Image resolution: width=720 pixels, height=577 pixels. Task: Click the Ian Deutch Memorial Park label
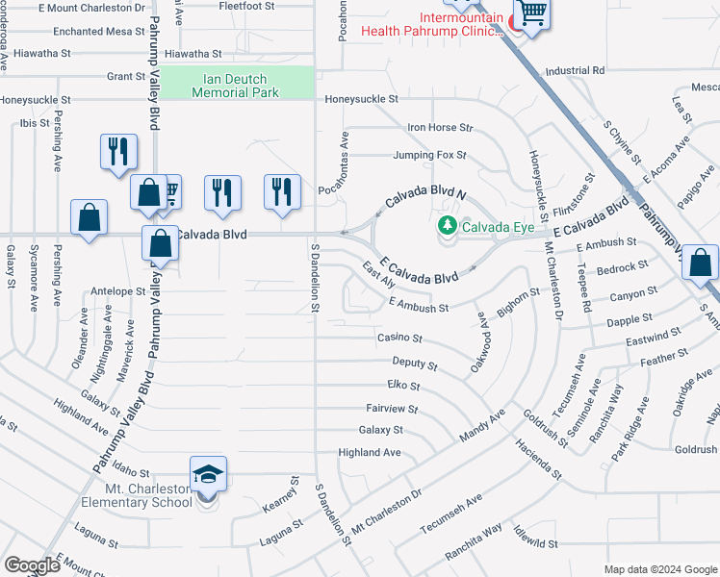click(235, 86)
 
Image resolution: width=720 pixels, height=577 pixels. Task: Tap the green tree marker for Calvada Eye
click(447, 227)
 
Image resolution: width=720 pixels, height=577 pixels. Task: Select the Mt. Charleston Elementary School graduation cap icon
click(208, 474)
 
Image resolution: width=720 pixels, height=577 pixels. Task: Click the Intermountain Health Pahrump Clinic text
click(432, 24)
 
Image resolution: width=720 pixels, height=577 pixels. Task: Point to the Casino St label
click(399, 339)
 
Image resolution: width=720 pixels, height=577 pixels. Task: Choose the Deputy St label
click(415, 364)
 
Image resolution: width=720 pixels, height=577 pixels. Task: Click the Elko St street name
click(403, 386)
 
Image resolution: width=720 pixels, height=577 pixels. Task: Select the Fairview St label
click(391, 409)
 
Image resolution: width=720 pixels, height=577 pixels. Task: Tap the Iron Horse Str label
click(440, 127)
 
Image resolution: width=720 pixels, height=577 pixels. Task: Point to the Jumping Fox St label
click(429, 155)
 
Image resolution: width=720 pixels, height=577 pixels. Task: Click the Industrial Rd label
click(574, 71)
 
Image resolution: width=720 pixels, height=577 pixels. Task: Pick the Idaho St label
click(131, 473)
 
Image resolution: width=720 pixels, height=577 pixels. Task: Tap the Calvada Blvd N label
click(425, 199)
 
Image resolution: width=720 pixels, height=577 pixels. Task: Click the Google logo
click(32, 565)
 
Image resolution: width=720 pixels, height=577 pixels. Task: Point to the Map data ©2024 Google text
click(659, 569)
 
